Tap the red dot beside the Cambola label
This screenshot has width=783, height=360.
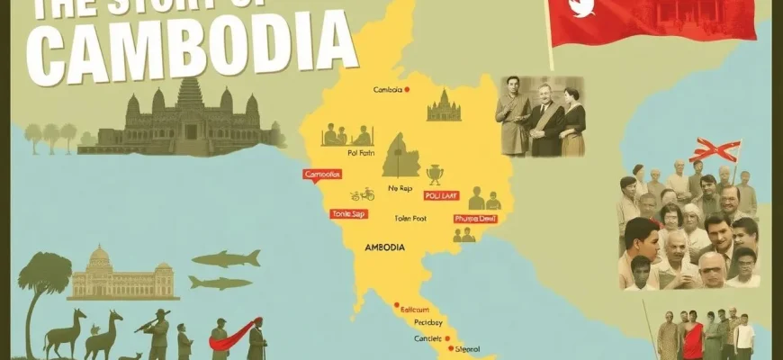tap(407, 89)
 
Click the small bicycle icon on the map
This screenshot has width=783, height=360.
tap(362, 194)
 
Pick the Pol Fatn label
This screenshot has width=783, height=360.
tap(334, 153)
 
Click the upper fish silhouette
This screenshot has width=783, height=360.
tap(225, 259)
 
